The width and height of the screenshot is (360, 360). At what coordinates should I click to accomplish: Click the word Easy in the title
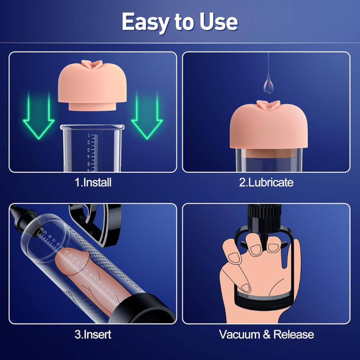(145, 22)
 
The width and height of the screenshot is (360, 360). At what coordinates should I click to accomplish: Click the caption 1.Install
(93, 183)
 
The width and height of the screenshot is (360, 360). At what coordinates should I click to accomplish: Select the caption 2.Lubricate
(266, 183)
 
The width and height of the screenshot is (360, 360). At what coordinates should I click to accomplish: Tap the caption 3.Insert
(93, 335)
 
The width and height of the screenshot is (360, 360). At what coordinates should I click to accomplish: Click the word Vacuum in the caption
(240, 335)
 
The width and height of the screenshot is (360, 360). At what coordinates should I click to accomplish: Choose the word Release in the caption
(293, 335)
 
